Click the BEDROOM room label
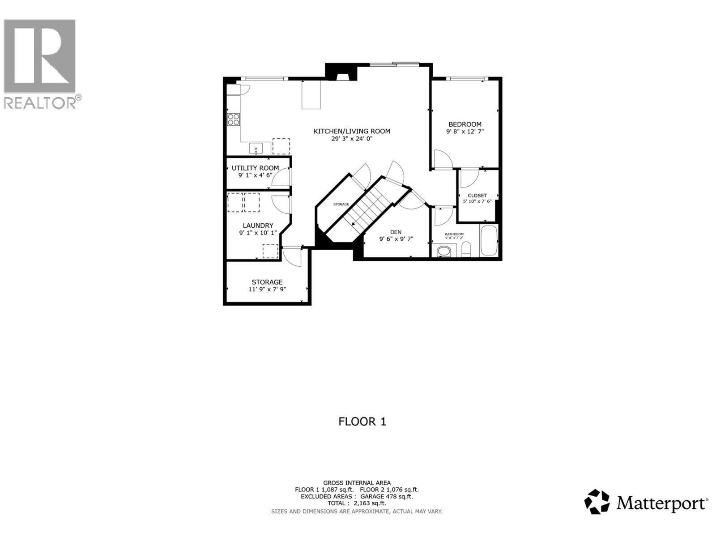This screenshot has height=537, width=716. (x=465, y=124)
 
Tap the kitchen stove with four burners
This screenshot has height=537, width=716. (x=233, y=119)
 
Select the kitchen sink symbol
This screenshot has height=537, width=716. (x=256, y=148)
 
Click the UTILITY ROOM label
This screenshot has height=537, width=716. (x=255, y=168)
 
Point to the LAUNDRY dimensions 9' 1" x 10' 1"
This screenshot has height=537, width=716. (x=258, y=233)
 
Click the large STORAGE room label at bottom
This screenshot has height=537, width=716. (x=267, y=282)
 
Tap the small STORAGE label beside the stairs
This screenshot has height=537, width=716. (x=341, y=205)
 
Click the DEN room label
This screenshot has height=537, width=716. (x=396, y=232)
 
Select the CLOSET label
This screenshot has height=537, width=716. (x=477, y=196)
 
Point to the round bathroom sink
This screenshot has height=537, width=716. (x=444, y=251)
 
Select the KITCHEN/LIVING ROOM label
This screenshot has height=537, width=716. (x=352, y=131)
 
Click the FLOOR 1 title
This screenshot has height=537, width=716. (x=362, y=422)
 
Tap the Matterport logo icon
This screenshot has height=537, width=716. (x=597, y=502)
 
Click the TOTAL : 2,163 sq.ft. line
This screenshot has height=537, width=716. (x=357, y=503)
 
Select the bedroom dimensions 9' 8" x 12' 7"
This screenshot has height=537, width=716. (x=465, y=132)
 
